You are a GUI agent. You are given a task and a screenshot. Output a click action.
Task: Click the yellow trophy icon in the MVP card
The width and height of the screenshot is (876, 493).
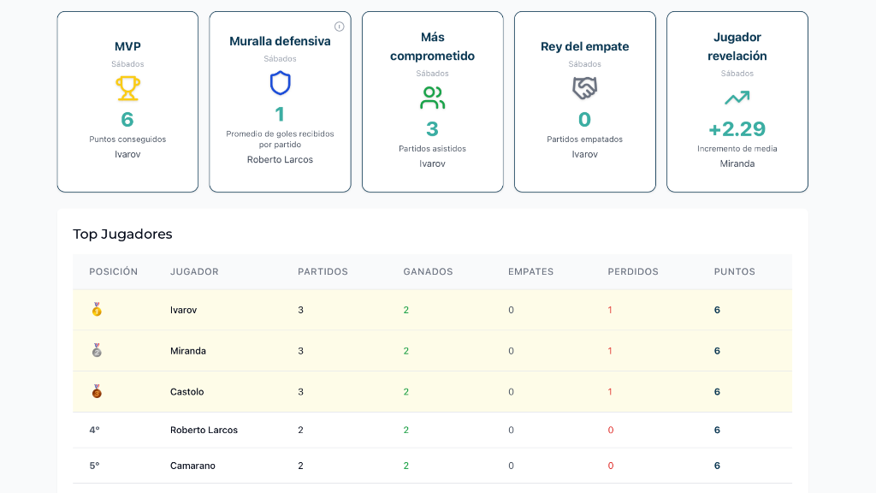127,88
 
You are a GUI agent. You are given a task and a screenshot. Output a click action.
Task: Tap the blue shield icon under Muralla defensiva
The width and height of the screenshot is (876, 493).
280,83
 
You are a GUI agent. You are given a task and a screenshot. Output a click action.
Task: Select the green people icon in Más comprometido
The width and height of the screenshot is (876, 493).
432,98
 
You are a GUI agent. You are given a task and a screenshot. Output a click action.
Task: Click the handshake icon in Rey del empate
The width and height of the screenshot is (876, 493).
584,88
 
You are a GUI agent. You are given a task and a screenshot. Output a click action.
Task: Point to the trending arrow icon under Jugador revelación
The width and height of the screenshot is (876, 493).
737,98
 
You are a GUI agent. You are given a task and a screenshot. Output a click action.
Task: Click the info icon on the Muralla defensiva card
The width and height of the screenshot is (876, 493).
340,27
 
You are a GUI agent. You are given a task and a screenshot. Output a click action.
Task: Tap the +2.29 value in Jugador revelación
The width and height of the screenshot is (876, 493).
737,129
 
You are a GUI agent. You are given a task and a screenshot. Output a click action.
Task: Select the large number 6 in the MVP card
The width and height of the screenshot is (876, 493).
127,119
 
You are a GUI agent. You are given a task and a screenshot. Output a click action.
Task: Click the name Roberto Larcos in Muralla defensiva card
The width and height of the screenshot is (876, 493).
280,159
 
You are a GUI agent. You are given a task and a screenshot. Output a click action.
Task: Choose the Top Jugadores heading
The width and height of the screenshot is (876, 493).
122,234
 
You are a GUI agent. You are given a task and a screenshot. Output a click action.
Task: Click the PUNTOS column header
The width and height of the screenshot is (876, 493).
734,271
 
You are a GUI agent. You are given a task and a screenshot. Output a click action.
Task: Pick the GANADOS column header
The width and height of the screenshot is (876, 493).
428,271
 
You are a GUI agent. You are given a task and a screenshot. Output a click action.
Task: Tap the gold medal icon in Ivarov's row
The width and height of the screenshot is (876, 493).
97,310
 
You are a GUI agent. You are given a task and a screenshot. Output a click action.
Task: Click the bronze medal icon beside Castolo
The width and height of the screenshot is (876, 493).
97,392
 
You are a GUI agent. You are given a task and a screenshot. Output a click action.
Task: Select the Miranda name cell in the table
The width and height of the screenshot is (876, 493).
188,351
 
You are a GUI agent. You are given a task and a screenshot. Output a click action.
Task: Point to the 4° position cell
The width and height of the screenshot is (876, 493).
94,430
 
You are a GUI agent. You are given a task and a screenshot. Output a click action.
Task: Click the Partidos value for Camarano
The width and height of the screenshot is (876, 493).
300,466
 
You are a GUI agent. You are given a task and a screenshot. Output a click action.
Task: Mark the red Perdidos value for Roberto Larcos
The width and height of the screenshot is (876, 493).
610,430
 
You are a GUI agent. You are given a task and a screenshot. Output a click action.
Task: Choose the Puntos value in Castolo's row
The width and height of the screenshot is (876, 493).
717,392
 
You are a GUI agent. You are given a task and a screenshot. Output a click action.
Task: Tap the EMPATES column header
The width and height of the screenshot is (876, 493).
530,271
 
